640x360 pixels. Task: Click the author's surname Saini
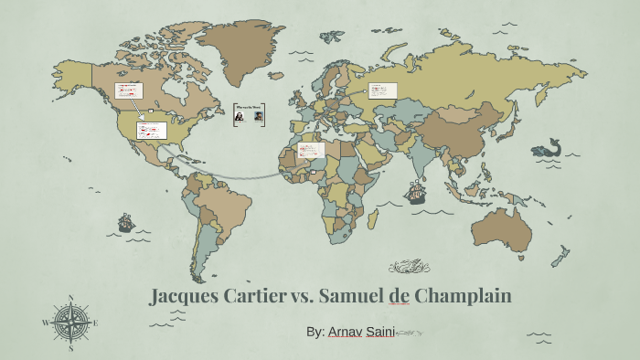click(380, 332)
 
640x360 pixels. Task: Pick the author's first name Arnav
click(345, 332)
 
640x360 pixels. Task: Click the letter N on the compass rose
click(70, 297)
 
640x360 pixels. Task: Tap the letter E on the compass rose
click(95, 323)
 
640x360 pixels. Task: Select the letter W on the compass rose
click(46, 323)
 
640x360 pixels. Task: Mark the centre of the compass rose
click(70, 323)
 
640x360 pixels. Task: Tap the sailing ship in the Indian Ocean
click(416, 193)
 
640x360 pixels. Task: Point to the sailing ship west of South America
click(126, 222)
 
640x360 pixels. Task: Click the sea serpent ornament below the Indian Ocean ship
click(409, 267)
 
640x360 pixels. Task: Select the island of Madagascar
click(372, 218)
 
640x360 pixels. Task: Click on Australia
click(502, 229)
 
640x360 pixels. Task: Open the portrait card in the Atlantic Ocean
click(249, 114)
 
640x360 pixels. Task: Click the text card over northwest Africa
click(311, 149)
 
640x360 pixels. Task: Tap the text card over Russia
click(382, 90)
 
